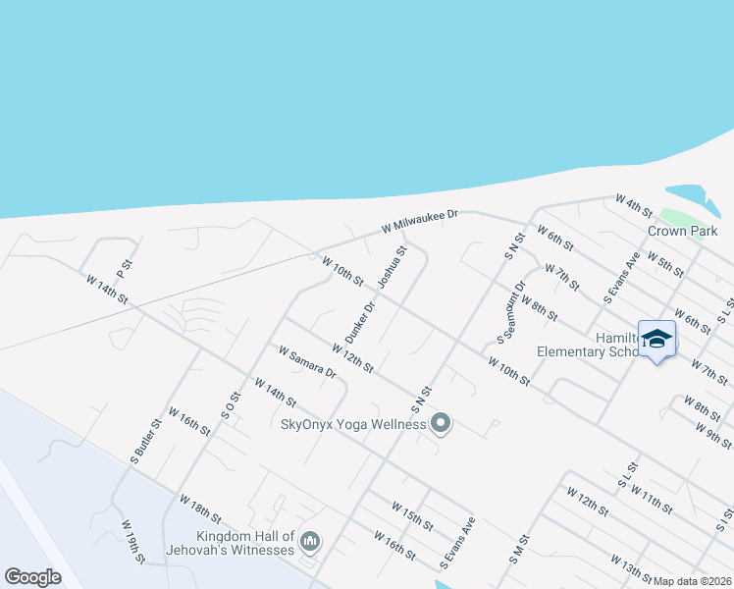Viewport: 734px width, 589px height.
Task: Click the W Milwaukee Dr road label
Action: pyautogui.click(x=420, y=222)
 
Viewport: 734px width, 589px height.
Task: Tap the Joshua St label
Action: pyautogui.click(x=393, y=267)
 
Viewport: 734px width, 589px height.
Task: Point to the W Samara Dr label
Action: pyautogui.click(x=307, y=361)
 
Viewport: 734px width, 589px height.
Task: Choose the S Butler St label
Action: pyautogui.click(x=145, y=442)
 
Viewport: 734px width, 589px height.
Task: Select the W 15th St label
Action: pyautogui.click(x=412, y=515)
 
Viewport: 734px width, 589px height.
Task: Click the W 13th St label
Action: pyautogui.click(x=631, y=567)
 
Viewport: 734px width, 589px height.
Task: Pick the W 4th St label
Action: pyautogui.click(x=634, y=205)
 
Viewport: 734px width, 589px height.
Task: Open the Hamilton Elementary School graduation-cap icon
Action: pyautogui.click(x=657, y=339)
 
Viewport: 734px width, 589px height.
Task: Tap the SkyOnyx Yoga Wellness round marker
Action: pyautogui.click(x=441, y=424)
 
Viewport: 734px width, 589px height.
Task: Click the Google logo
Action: pyautogui.click(x=33, y=577)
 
